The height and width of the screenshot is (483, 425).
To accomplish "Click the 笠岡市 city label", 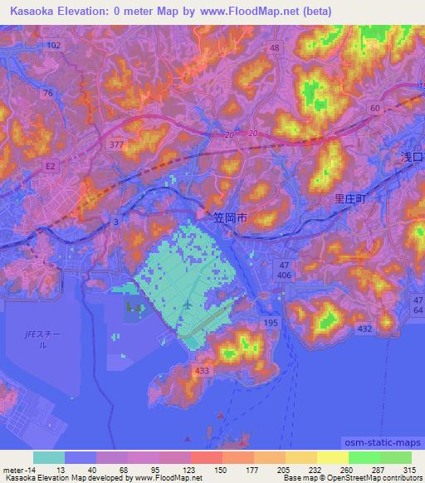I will tap(231, 220).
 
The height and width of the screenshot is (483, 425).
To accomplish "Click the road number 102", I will tap(54, 44).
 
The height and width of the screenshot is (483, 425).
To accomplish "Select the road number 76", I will tap(48, 94).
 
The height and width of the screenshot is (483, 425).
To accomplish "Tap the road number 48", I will tap(274, 48).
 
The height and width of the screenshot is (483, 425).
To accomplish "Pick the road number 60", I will tap(375, 109).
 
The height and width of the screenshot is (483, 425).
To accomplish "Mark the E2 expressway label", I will tap(51, 166).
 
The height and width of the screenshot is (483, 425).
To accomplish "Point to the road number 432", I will tap(363, 329).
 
